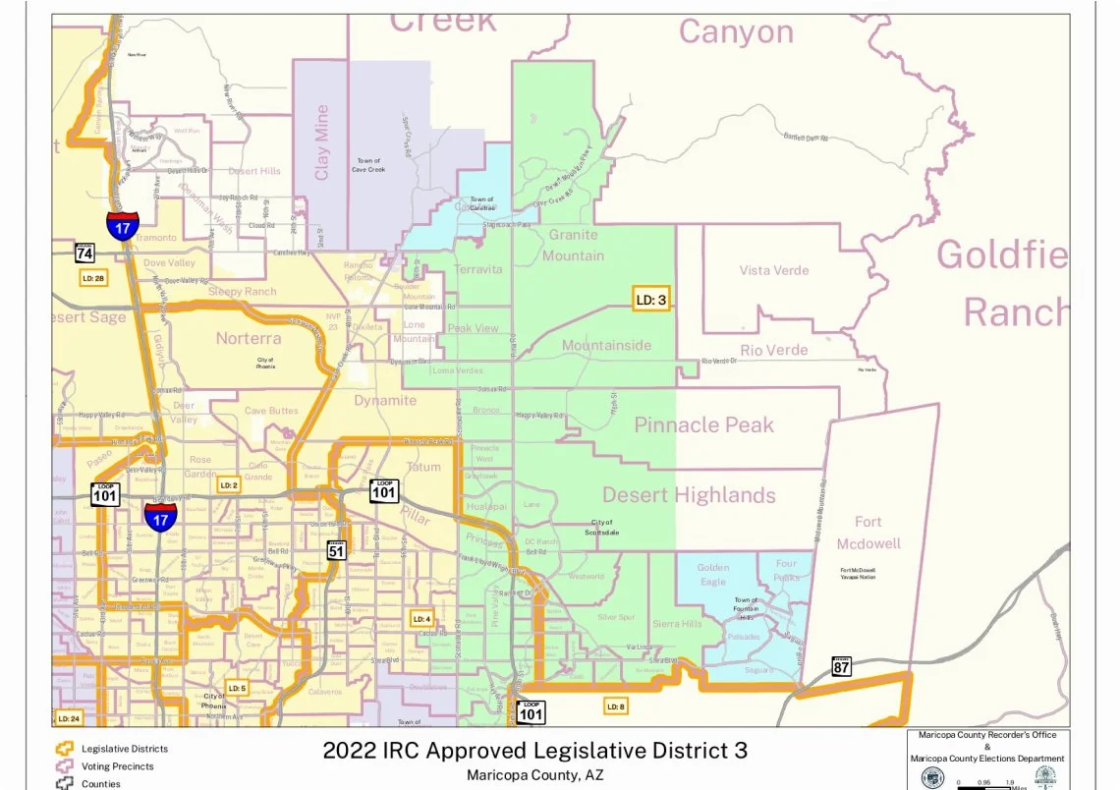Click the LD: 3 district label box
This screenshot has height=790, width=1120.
click(650, 299)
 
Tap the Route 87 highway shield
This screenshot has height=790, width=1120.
click(841, 666)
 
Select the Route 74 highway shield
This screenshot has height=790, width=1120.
click(84, 252)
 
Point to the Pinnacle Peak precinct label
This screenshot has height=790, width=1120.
click(703, 425)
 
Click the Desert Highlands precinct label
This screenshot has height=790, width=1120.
click(689, 494)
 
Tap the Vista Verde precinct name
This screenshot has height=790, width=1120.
click(774, 270)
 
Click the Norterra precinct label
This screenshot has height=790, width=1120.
click(249, 338)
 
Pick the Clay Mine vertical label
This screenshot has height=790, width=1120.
click(322, 142)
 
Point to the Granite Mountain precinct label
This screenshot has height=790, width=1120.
click(576, 246)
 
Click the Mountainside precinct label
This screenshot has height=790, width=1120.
click(606, 346)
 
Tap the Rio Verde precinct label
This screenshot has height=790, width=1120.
click(774, 350)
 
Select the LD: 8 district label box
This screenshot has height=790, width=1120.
click(615, 705)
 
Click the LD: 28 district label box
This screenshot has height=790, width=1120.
click(93, 278)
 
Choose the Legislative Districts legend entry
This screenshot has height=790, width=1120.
click(124, 749)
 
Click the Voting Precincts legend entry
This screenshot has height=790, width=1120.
click(117, 766)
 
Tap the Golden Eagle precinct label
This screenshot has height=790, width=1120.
click(713, 575)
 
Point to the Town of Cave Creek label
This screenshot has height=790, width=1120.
click(368, 165)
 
